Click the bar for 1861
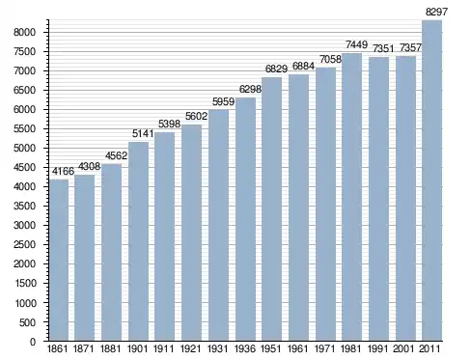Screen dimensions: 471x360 click(59, 260)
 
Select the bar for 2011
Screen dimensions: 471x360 click(431, 180)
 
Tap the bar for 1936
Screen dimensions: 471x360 click(246, 219)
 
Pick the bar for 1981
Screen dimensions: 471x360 click(352, 197)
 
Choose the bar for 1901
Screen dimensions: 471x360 click(139, 241)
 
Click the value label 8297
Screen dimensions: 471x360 click(436, 12)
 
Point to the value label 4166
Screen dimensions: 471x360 click(63, 172)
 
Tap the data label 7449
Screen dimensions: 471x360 click(356, 44)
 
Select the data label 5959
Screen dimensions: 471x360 click(223, 102)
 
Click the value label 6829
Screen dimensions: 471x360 click(276, 69)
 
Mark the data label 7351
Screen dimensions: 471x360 click(383, 48)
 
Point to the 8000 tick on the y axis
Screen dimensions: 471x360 click(24, 32)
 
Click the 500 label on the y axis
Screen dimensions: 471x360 click(27, 322)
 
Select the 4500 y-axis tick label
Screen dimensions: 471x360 click(24, 168)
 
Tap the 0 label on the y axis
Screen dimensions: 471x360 click(33, 342)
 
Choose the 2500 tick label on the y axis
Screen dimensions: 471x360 click(24, 245)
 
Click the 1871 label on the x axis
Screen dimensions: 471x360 click(84, 349)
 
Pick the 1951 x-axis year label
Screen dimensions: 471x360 click(271, 349)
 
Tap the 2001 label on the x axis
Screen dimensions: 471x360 click(403, 349)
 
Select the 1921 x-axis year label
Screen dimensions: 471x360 click(191, 349)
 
